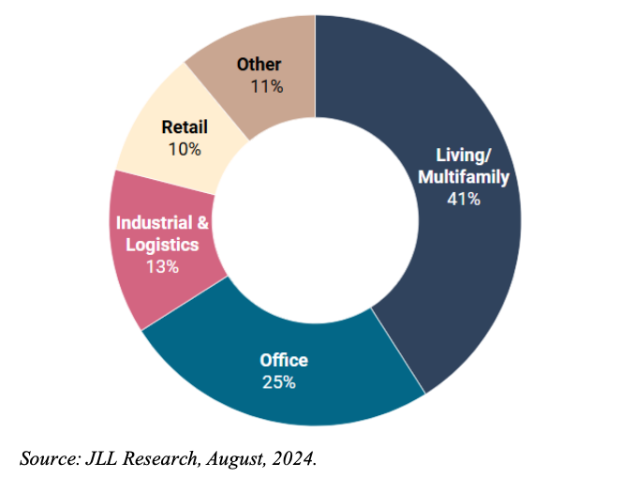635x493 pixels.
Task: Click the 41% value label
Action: (x=464, y=199)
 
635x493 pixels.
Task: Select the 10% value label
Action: (x=185, y=148)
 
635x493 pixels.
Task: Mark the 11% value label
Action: (x=267, y=86)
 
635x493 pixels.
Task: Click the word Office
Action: (x=283, y=360)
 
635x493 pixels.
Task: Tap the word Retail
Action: (x=185, y=127)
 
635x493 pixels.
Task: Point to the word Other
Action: (x=259, y=65)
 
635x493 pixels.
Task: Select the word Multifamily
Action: (x=465, y=176)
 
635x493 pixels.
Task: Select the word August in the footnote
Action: (x=236, y=459)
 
